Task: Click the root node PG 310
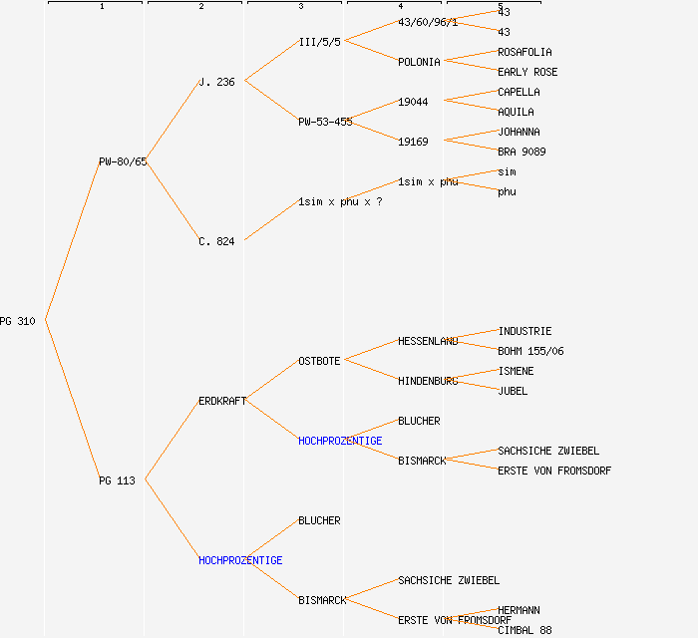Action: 18,321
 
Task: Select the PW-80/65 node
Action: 123,161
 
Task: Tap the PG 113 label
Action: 117,480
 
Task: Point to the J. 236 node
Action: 216,82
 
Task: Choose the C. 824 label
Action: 216,241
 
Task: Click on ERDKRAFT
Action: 222,401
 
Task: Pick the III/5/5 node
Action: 319,42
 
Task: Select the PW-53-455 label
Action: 325,122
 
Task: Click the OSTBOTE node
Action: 319,361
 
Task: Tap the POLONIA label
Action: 419,62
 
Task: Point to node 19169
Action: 413,142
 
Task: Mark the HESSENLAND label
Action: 428,341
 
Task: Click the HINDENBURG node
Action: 428,381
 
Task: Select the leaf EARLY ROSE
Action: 527,72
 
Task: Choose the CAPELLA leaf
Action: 519,92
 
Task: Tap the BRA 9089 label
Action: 522,152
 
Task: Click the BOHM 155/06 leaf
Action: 530,351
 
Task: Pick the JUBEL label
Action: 513,391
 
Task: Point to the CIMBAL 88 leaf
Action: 524,630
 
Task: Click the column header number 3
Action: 300,7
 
